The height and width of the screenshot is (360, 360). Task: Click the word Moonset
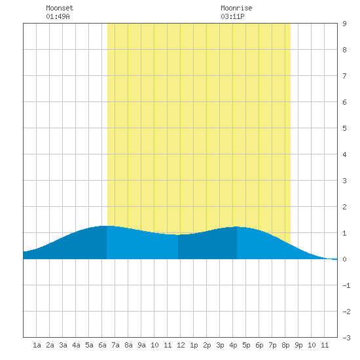point(60,8)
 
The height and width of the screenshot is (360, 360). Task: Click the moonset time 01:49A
point(58,16)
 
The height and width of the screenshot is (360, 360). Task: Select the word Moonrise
point(236,8)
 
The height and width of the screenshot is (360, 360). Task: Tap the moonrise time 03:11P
point(232,16)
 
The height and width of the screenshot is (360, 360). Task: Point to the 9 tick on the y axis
point(344,24)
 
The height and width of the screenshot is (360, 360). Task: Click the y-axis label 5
point(344,128)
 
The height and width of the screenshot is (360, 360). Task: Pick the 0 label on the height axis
point(344,259)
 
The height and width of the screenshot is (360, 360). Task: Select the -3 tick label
point(346,338)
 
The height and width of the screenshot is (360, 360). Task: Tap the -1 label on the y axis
point(346,285)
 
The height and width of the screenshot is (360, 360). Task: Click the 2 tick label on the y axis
point(344,207)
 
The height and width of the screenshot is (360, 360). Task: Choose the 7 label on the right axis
point(344,76)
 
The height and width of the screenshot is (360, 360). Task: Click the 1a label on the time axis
point(37,345)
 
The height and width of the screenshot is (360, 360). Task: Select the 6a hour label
point(102,345)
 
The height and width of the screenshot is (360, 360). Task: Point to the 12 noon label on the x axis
point(181,345)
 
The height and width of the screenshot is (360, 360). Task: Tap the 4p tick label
point(233,345)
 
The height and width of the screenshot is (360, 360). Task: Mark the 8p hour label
point(285,345)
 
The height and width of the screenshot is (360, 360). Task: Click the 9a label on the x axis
point(141,345)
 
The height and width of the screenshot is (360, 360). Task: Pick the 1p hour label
point(194,345)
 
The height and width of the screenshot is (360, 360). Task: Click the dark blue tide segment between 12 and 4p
point(207,245)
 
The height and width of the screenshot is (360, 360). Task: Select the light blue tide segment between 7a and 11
point(142,245)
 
